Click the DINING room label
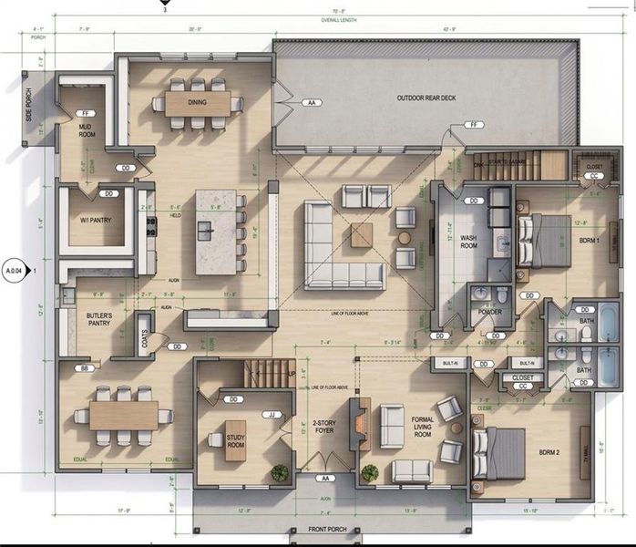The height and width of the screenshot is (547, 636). click(197, 102)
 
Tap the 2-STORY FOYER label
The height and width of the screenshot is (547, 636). click(323, 427)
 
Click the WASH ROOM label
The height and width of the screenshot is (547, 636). click(468, 241)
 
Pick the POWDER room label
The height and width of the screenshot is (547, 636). click(490, 314)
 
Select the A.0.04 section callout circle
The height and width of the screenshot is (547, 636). click(14, 271)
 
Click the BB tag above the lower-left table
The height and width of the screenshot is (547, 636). click(85, 367)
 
